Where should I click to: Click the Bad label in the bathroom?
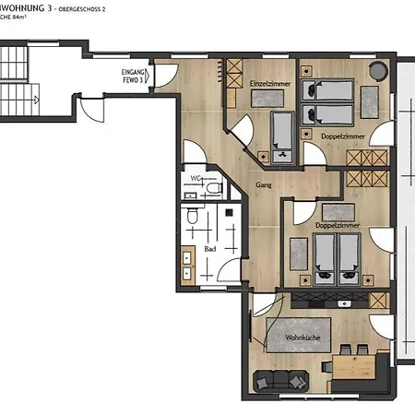(210, 249)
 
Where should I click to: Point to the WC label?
(196, 177)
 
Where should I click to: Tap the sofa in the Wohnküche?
(279, 379)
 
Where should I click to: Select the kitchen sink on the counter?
(344, 302)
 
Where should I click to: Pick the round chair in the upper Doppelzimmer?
(378, 72)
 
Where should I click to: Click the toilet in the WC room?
(214, 189)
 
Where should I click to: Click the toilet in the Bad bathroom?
(190, 218)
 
